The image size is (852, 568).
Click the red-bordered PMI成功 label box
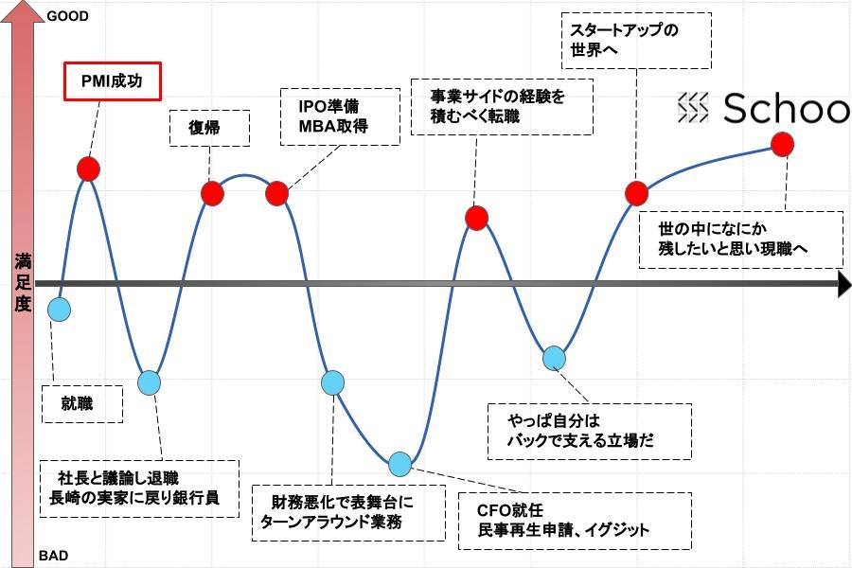113,81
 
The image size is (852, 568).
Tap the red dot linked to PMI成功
88,169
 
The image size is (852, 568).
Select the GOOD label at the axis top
67,16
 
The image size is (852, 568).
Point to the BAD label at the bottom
53,556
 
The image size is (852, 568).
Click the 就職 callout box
82,404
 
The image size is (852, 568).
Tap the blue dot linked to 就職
59,310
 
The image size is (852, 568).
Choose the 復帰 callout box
210,129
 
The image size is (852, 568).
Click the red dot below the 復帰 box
212,193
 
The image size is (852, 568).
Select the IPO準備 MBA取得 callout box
340,116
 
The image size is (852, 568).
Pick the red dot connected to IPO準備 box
276,193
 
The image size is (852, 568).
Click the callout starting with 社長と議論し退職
139,488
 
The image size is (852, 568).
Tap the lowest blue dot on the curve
399,464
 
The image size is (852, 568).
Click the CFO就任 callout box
575,521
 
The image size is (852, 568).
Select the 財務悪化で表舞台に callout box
348,512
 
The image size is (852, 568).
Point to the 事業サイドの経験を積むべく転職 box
502,107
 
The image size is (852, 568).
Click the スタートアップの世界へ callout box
636,41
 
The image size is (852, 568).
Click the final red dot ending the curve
782,145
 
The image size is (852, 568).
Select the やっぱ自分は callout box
590,432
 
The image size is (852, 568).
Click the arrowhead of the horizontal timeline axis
843,284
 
